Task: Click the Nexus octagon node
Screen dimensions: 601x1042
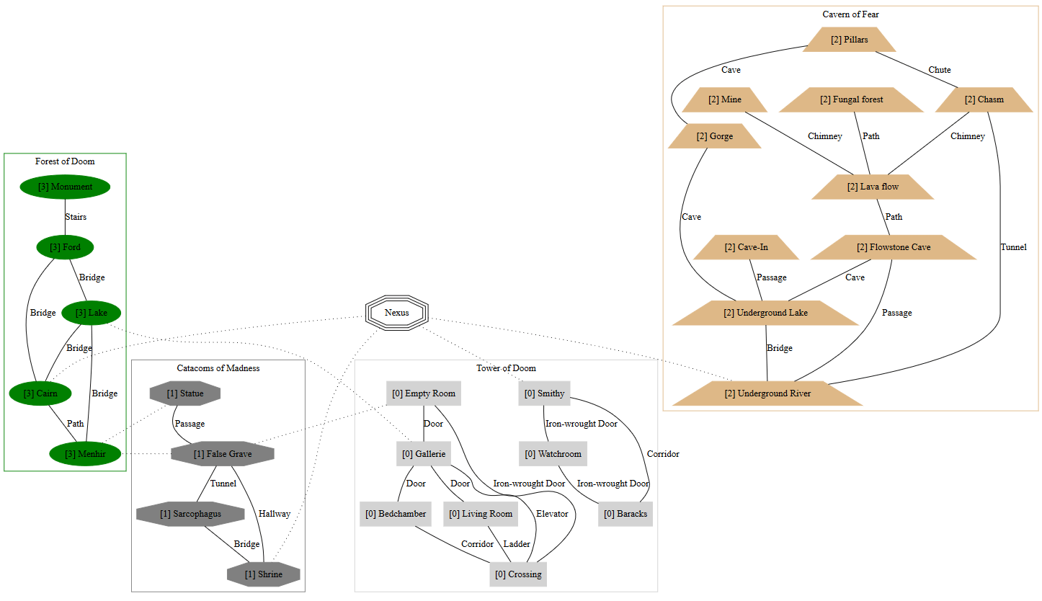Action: [x=396, y=313]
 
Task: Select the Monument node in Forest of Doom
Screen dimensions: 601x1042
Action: [x=65, y=187]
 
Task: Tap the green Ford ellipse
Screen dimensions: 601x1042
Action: [x=65, y=247]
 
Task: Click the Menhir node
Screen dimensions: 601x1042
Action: [x=85, y=454]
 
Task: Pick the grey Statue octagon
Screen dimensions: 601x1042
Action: [x=184, y=393]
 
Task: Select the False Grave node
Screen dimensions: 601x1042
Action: [x=223, y=454]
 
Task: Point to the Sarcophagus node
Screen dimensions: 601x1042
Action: [x=190, y=514]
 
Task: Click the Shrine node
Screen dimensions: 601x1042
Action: [x=264, y=574]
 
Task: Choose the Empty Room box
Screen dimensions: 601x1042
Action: [x=423, y=393]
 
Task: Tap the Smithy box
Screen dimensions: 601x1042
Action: [x=544, y=393]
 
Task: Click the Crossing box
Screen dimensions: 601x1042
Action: [x=518, y=574]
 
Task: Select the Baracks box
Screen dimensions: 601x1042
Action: [x=625, y=514]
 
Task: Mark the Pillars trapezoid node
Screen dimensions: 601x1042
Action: [x=849, y=40]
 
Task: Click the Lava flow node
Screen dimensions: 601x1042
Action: [x=872, y=187]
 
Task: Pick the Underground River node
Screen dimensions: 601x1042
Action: [x=767, y=393]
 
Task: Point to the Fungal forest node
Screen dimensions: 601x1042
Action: [x=851, y=99]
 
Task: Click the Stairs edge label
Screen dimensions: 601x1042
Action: [x=76, y=217]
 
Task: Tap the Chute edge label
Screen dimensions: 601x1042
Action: [x=939, y=70]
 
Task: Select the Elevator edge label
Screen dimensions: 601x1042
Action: [x=552, y=514]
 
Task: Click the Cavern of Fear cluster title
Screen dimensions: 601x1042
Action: [x=850, y=14]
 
